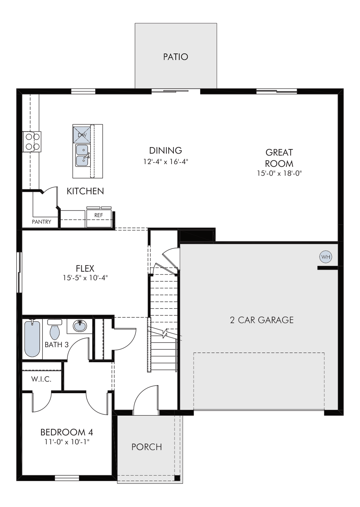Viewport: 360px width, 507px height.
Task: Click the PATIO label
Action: pyautogui.click(x=175, y=57)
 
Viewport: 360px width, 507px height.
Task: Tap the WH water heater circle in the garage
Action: pyautogui.click(x=326, y=257)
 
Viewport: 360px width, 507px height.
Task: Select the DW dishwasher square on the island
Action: pyautogui.click(x=82, y=135)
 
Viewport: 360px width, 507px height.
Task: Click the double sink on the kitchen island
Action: pyautogui.click(x=82, y=155)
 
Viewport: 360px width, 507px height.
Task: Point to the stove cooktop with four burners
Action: pyautogui.click(x=32, y=142)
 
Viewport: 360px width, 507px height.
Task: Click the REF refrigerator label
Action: pyautogui.click(x=98, y=215)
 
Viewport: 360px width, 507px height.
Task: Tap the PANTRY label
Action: pyautogui.click(x=41, y=222)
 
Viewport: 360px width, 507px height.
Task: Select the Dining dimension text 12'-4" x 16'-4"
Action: pyautogui.click(x=166, y=162)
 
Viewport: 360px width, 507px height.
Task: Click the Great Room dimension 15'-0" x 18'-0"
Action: pyautogui.click(x=279, y=173)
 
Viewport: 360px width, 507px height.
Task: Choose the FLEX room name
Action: pyautogui.click(x=85, y=269)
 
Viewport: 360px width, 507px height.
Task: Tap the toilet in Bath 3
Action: pyautogui.click(x=55, y=330)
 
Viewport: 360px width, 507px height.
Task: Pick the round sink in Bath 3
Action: pyautogui.click(x=80, y=326)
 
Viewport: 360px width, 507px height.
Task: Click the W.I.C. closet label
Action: pyautogui.click(x=41, y=379)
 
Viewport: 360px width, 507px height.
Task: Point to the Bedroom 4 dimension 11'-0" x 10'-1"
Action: pyautogui.click(x=67, y=442)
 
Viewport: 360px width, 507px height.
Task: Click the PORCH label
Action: pyautogui.click(x=147, y=447)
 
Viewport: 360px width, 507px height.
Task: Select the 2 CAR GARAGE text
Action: pyautogui.click(x=262, y=320)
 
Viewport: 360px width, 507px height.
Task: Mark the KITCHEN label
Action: pyautogui.click(x=85, y=191)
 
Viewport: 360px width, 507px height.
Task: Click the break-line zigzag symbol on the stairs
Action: pyautogui.click(x=165, y=333)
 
